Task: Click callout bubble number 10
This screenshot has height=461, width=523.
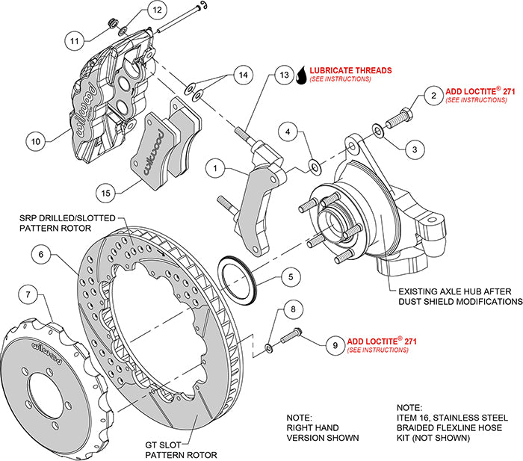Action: [34, 139]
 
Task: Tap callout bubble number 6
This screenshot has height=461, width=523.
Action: [43, 255]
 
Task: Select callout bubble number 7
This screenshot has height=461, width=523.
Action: [28, 295]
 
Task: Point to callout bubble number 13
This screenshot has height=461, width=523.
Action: [283, 75]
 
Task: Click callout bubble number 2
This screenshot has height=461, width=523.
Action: [431, 95]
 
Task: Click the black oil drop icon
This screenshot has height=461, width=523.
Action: [302, 74]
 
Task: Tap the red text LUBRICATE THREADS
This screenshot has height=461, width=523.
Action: [349, 71]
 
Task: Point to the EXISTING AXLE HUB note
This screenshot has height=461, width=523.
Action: [459, 296]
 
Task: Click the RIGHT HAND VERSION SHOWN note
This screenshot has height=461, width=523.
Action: [324, 427]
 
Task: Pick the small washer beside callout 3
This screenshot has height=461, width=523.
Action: [380, 132]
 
